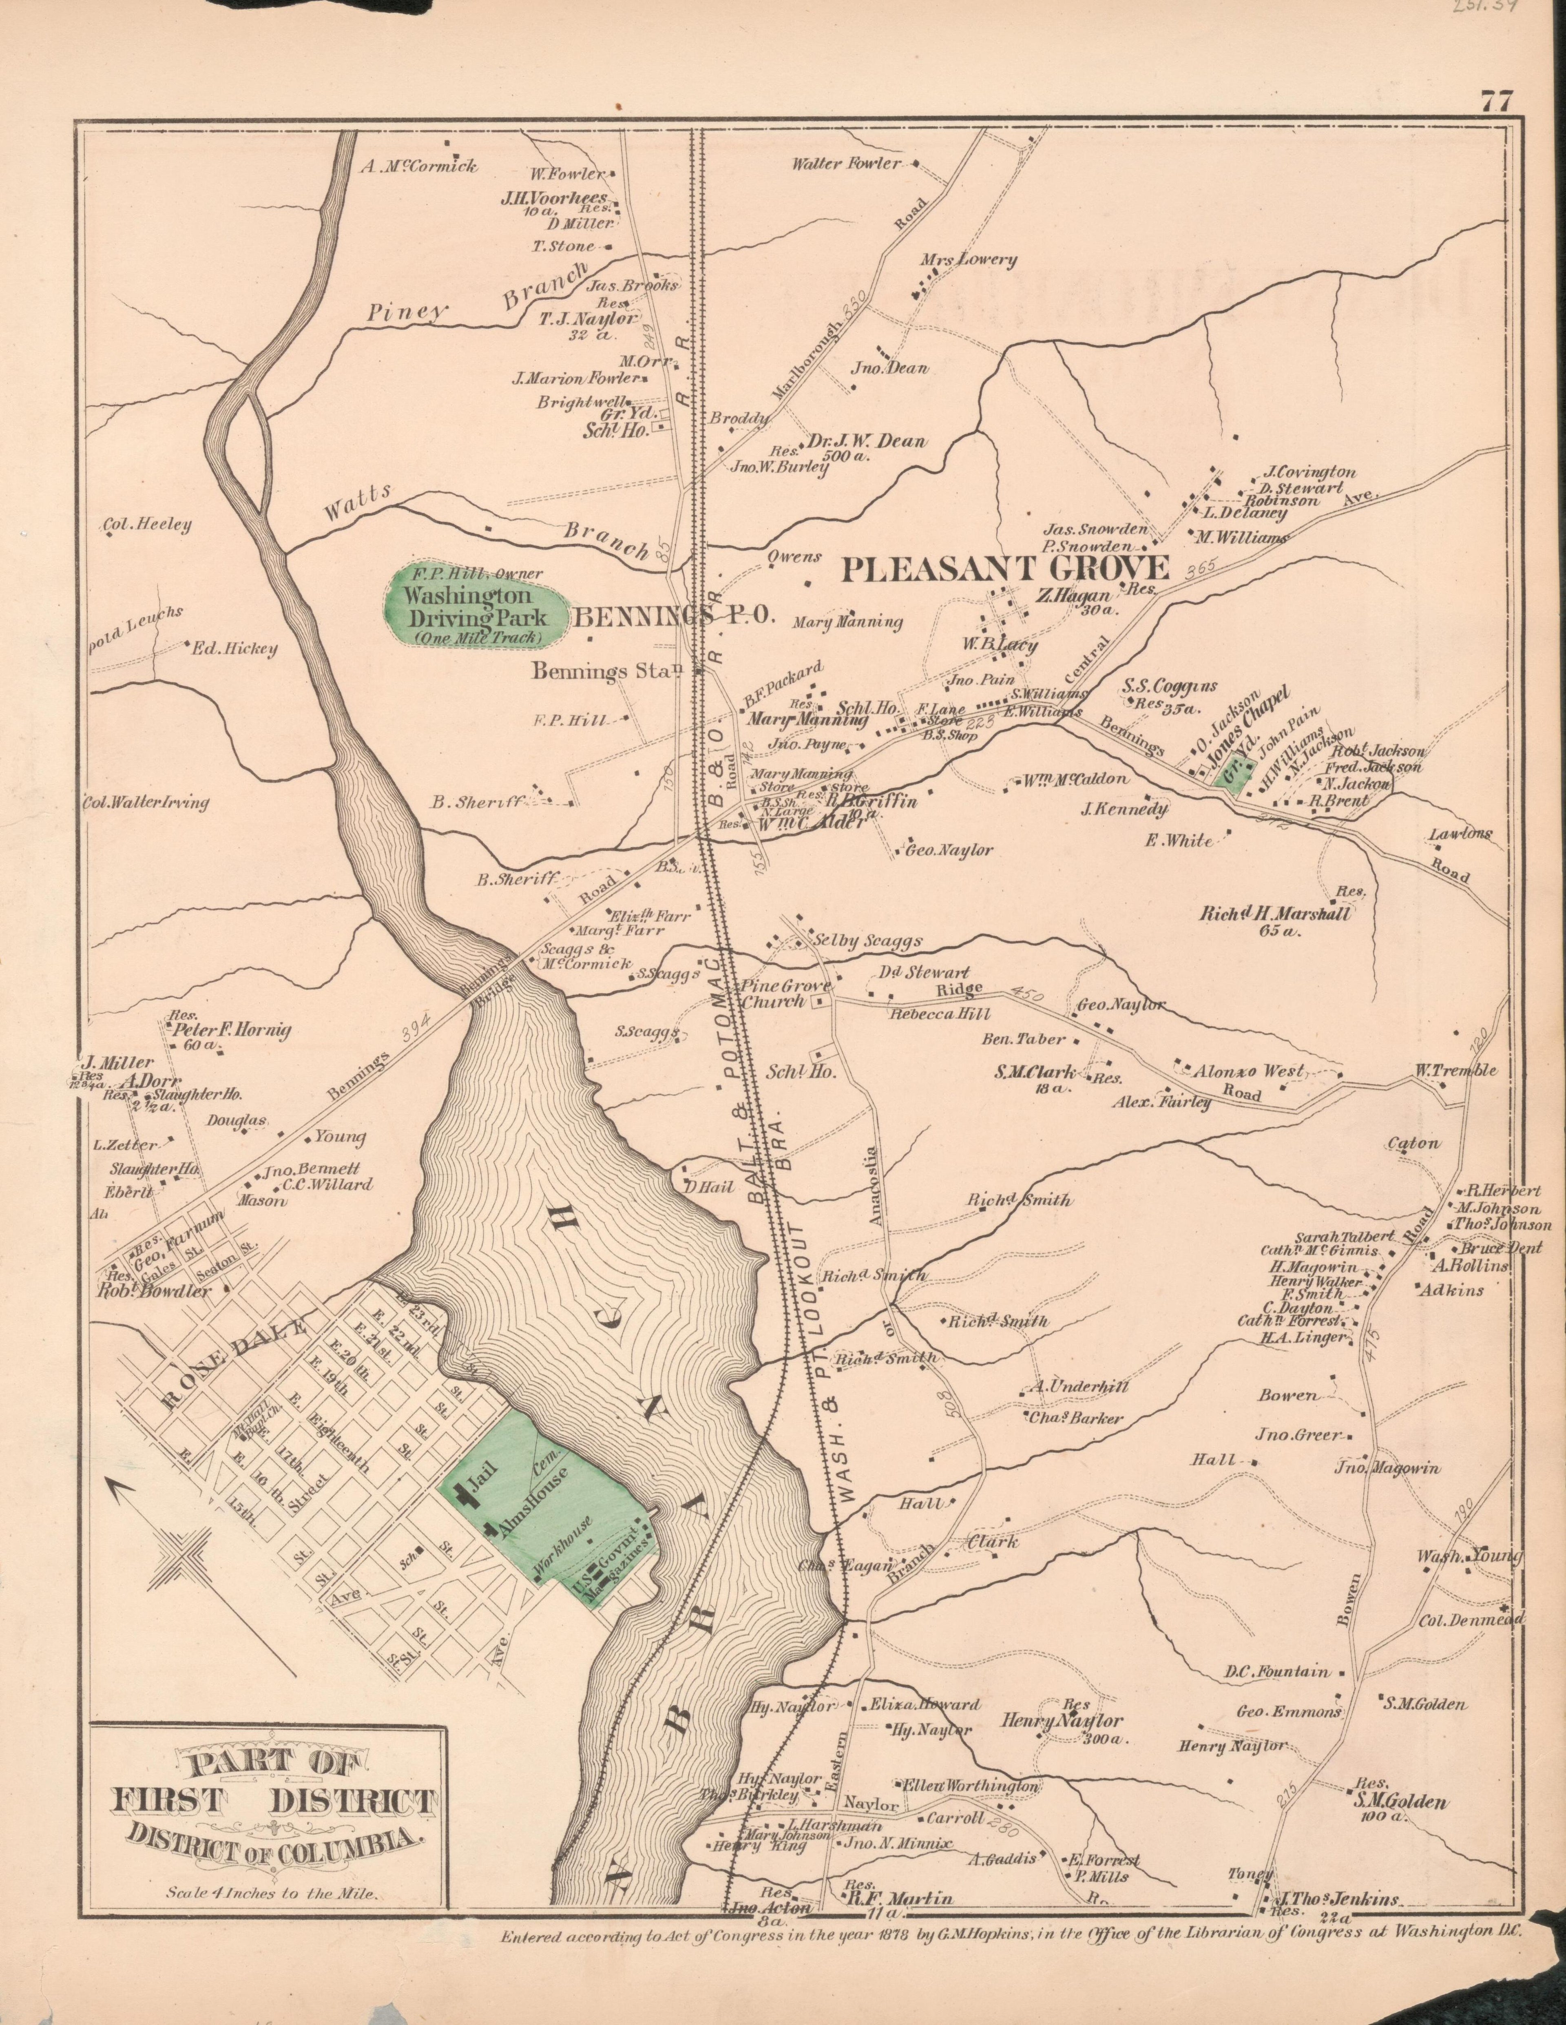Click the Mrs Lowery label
coord(968,261)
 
